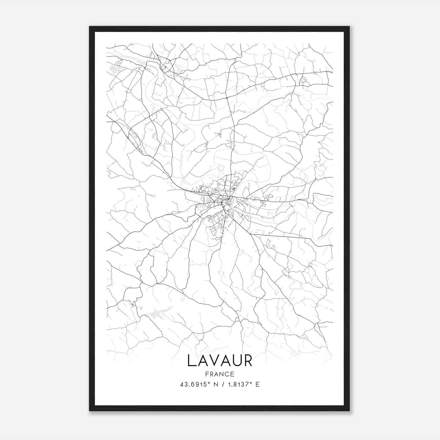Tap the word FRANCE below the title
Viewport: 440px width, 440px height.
220,374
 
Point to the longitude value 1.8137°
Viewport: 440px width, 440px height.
240,384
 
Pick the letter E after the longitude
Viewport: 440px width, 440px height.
257,384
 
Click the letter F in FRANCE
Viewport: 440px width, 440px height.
207,374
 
